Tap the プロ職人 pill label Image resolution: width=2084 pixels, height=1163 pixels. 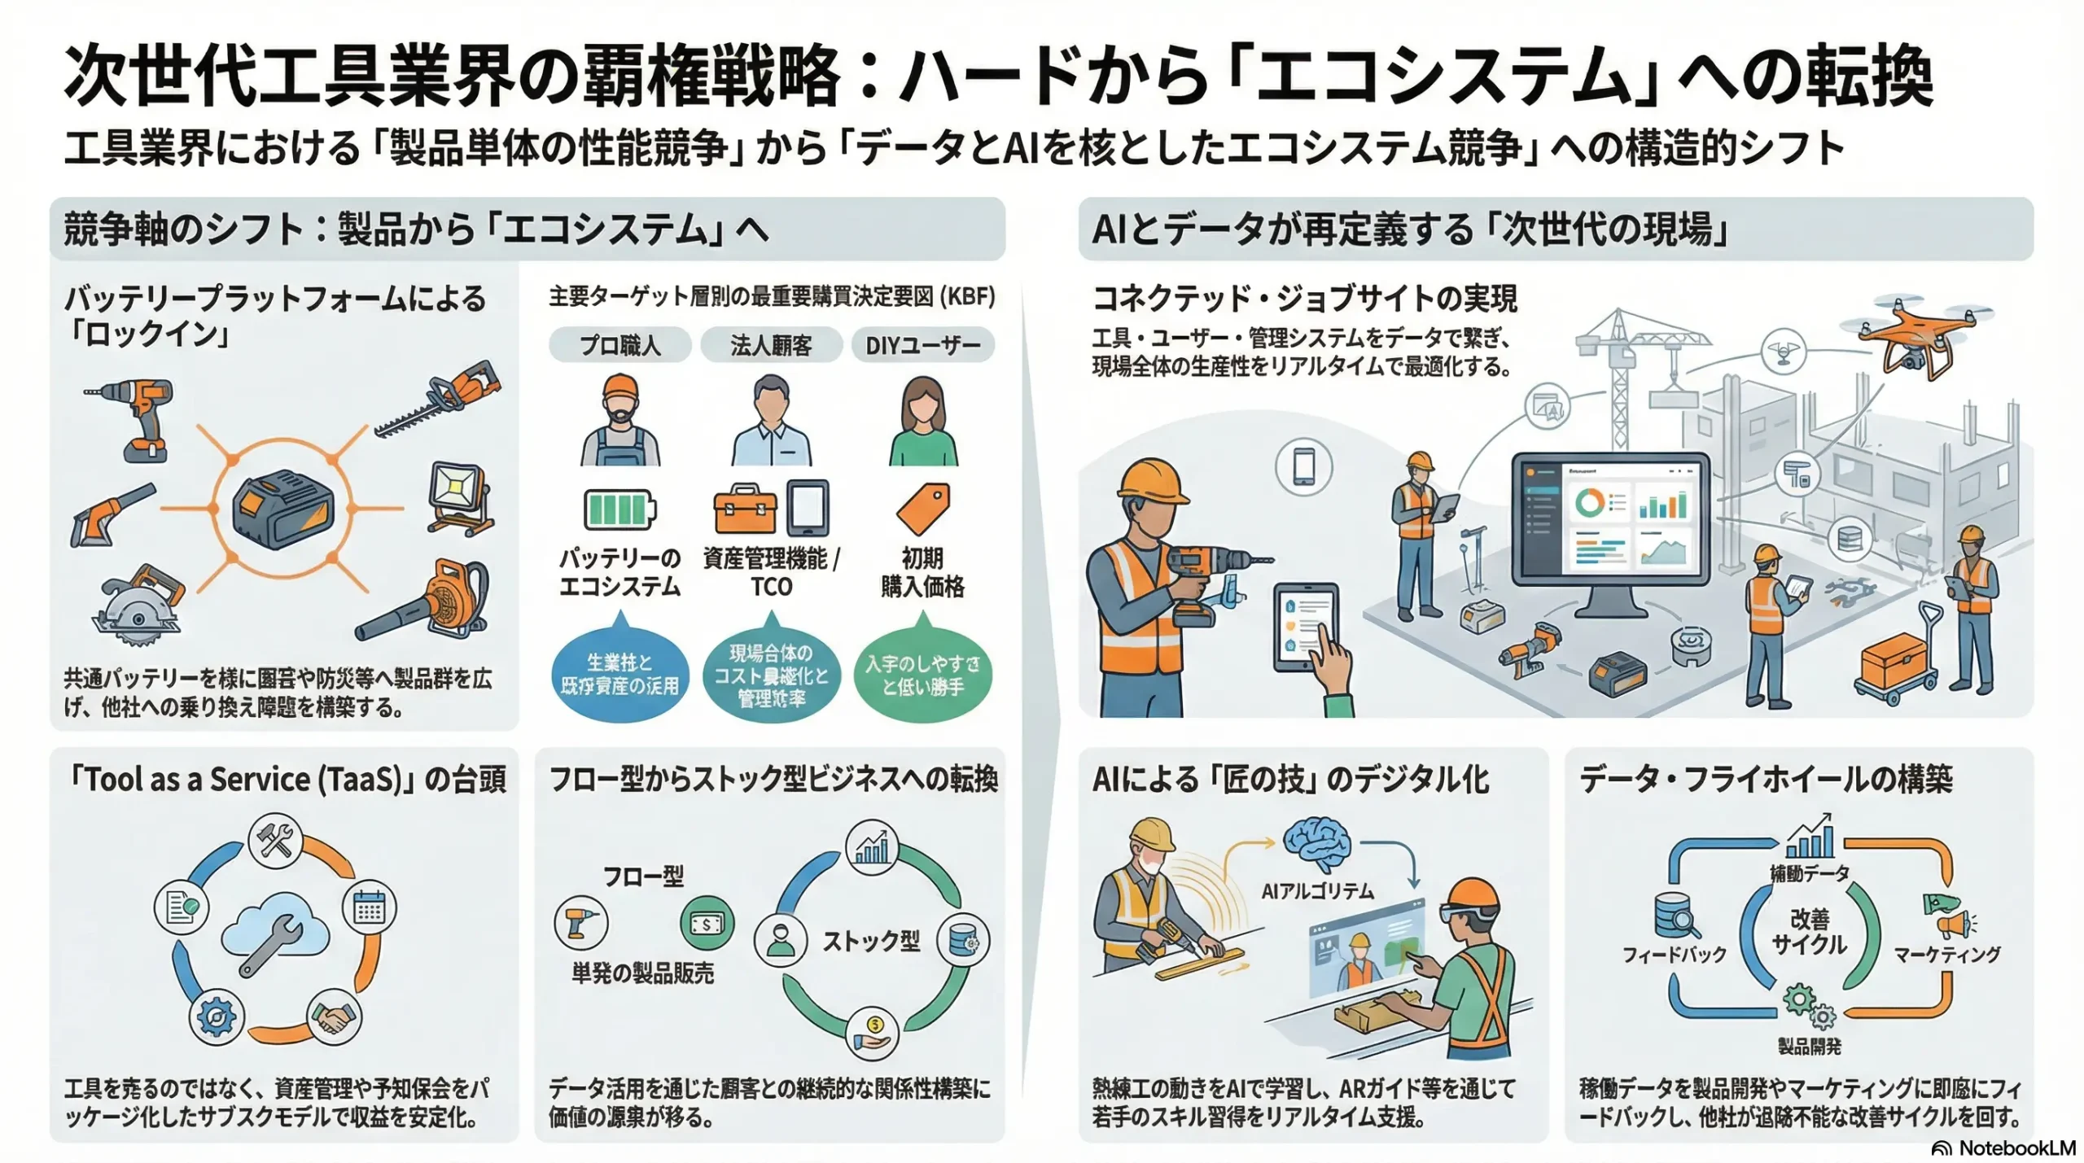tap(620, 345)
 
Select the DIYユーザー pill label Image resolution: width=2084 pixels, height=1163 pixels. tap(922, 345)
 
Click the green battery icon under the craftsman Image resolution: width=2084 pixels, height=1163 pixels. tap(620, 509)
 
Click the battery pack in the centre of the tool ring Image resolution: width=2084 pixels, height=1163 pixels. tap(282, 509)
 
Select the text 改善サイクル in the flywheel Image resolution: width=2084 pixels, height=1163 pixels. tap(1809, 932)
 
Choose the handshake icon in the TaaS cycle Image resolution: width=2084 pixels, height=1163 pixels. tap(334, 1017)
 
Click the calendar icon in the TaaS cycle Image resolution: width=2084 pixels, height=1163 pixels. tap(369, 907)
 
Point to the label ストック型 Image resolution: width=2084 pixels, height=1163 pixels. tap(870, 942)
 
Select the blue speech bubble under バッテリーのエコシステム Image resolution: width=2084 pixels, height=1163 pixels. tap(620, 675)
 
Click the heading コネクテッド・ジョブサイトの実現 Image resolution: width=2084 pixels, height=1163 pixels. tap(1304, 299)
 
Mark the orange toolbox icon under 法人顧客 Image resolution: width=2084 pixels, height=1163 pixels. tap(744, 509)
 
